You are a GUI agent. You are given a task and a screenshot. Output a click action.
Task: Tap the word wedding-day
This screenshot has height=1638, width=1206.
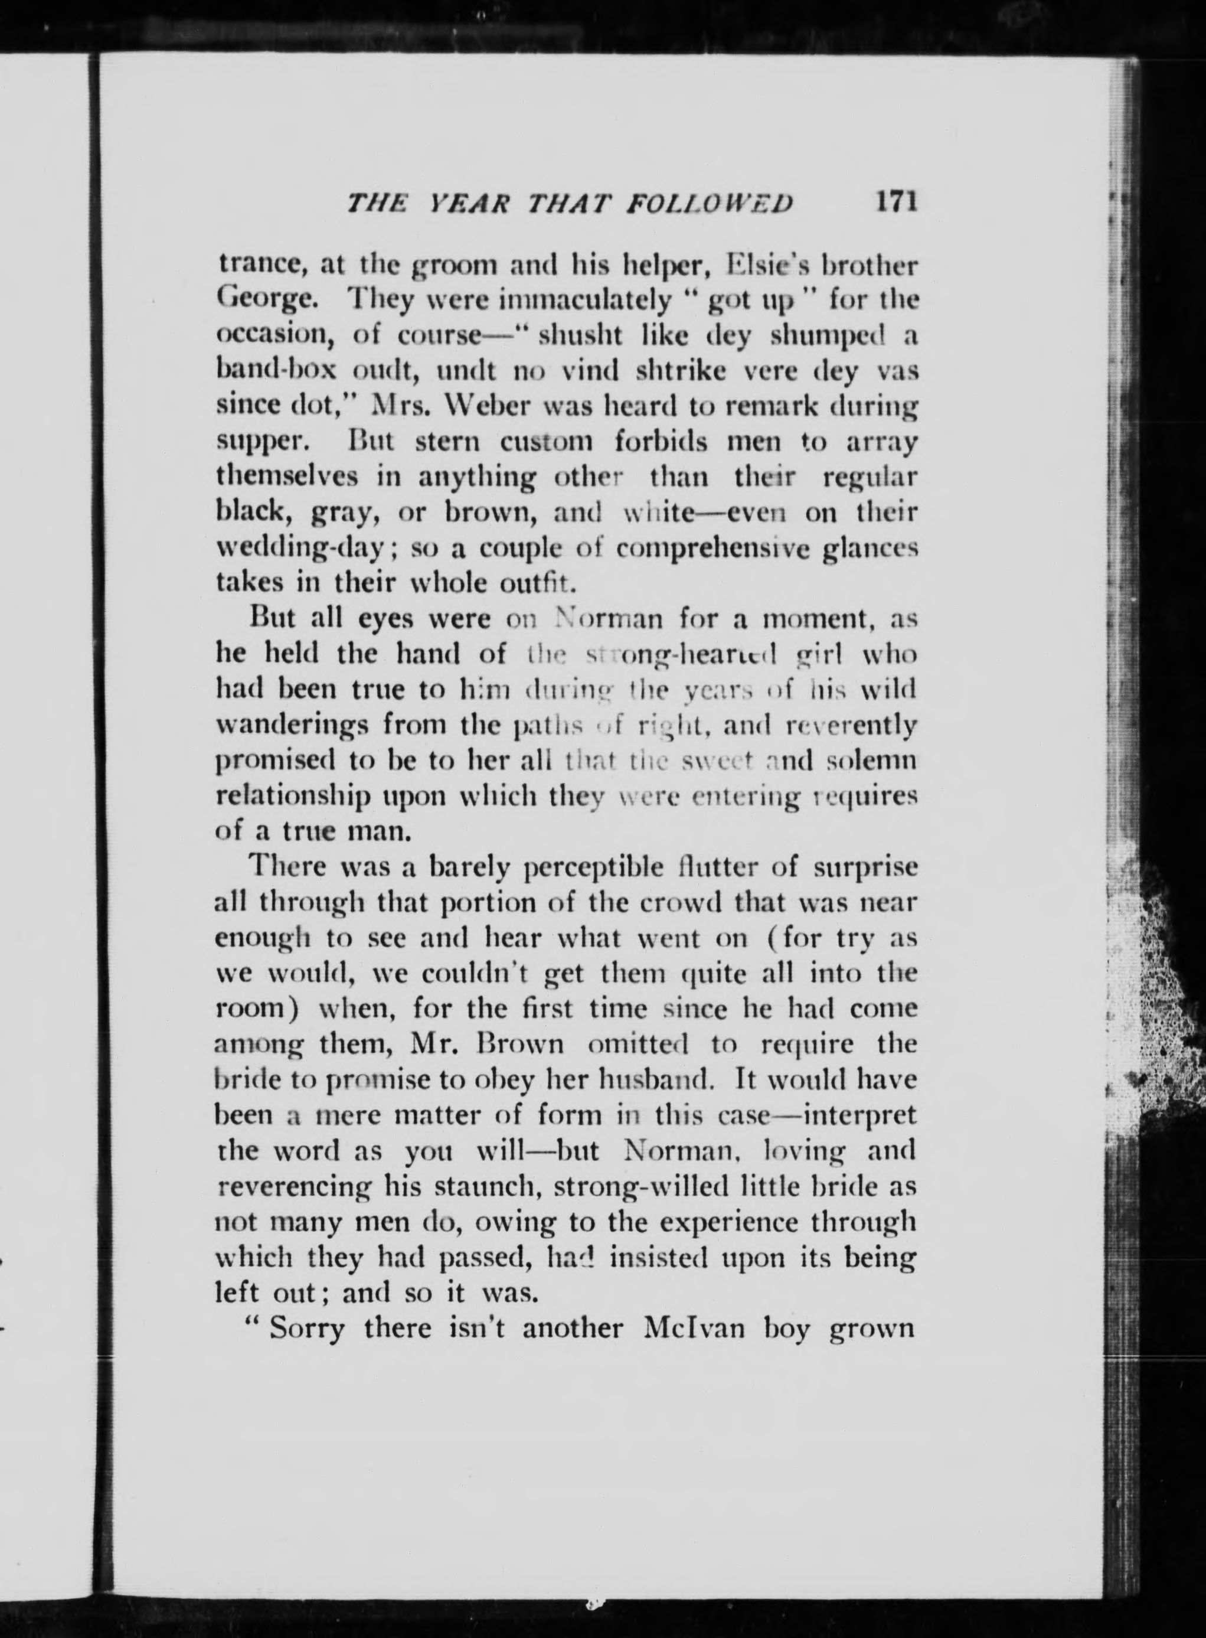(303, 548)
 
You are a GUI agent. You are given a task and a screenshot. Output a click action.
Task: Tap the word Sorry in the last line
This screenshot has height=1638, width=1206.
(306, 1327)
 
